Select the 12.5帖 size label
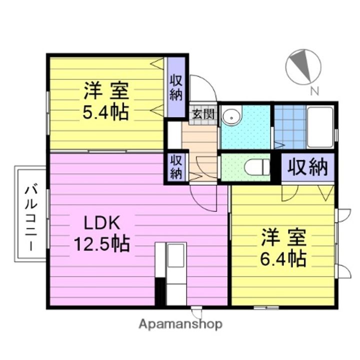102,244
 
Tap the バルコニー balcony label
31,217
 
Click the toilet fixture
256,167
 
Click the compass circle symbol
303,66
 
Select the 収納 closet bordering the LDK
176,167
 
